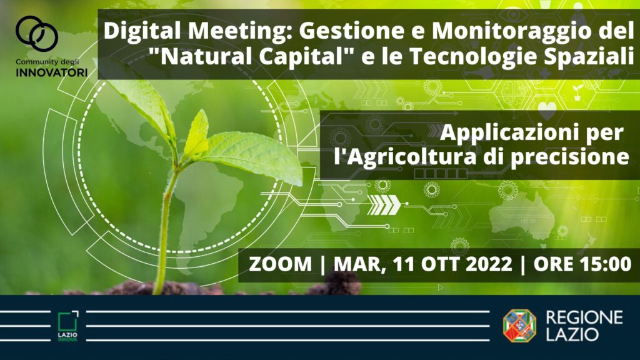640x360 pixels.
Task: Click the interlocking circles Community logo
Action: point(37,34)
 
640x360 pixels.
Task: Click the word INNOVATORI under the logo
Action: point(52,73)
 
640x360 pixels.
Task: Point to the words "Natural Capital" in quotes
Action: point(252,56)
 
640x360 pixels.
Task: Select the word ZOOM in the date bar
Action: point(281,264)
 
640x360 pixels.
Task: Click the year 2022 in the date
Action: point(489,264)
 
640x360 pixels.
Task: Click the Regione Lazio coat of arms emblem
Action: point(519,325)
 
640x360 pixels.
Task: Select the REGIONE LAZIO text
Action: point(584,326)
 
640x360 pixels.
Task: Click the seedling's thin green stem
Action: point(165,229)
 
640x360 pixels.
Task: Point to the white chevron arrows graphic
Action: point(384,204)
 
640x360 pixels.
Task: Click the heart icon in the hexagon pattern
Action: point(547,109)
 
